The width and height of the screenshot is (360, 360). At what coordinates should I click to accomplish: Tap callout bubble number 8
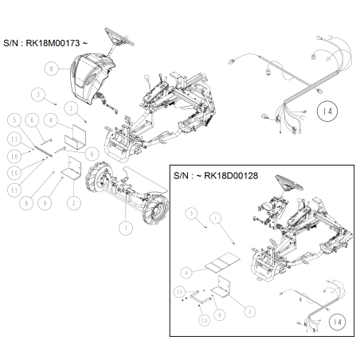tap(52, 69)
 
